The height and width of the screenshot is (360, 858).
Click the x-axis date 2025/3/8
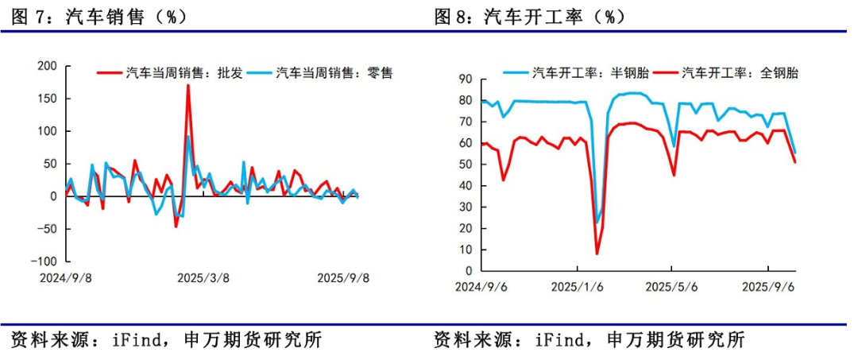pyautogui.click(x=203, y=278)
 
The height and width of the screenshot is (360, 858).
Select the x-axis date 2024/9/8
pyautogui.click(x=65, y=278)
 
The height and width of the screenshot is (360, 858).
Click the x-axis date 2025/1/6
pyautogui.click(x=578, y=287)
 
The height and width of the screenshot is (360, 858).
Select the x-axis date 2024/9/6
pyautogui.click(x=481, y=287)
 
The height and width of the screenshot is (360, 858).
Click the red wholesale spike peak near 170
pyautogui.click(x=188, y=85)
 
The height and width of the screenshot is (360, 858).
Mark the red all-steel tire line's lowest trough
pyautogui.click(x=597, y=254)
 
